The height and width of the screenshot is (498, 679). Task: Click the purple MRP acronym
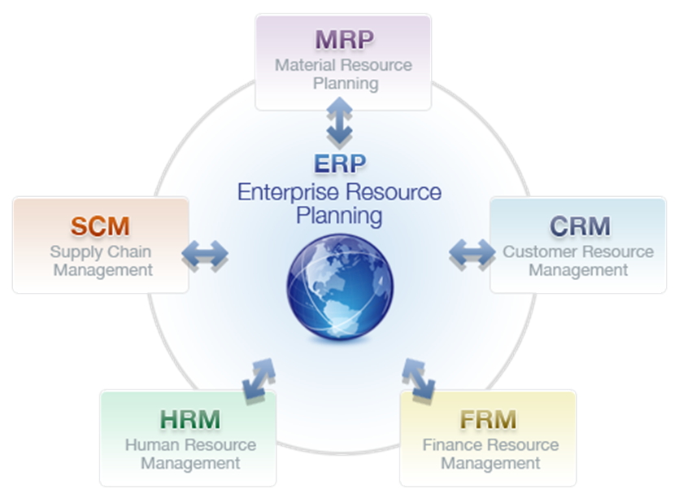(343, 40)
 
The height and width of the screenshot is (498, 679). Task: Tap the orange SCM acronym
(100, 225)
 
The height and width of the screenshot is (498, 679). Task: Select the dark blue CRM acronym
(579, 225)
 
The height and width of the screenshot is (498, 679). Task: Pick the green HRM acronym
(190, 420)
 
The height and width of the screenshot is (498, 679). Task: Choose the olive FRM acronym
(488, 420)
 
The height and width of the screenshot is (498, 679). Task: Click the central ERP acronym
(340, 164)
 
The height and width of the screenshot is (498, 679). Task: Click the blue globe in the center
(339, 287)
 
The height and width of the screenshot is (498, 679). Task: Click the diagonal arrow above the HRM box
(259, 378)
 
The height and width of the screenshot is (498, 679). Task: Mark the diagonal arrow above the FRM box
(418, 378)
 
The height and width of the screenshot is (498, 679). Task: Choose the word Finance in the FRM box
(452, 445)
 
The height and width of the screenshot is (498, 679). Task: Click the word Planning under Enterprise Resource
(339, 216)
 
